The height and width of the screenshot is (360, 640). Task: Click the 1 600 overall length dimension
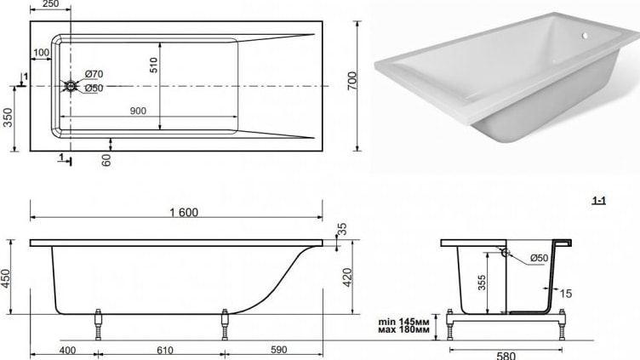[184, 212]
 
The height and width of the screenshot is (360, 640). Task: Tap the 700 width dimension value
[351, 81]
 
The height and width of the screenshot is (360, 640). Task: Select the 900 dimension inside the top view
[138, 111]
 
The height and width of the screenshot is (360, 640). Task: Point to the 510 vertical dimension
[153, 65]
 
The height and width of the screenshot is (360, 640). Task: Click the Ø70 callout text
[94, 74]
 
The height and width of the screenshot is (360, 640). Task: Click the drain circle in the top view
[71, 86]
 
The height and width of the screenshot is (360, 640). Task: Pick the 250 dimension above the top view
[50, 4]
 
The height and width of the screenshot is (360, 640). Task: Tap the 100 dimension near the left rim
[41, 53]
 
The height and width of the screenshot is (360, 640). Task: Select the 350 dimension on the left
[8, 117]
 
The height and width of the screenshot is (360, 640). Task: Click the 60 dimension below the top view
[106, 160]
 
